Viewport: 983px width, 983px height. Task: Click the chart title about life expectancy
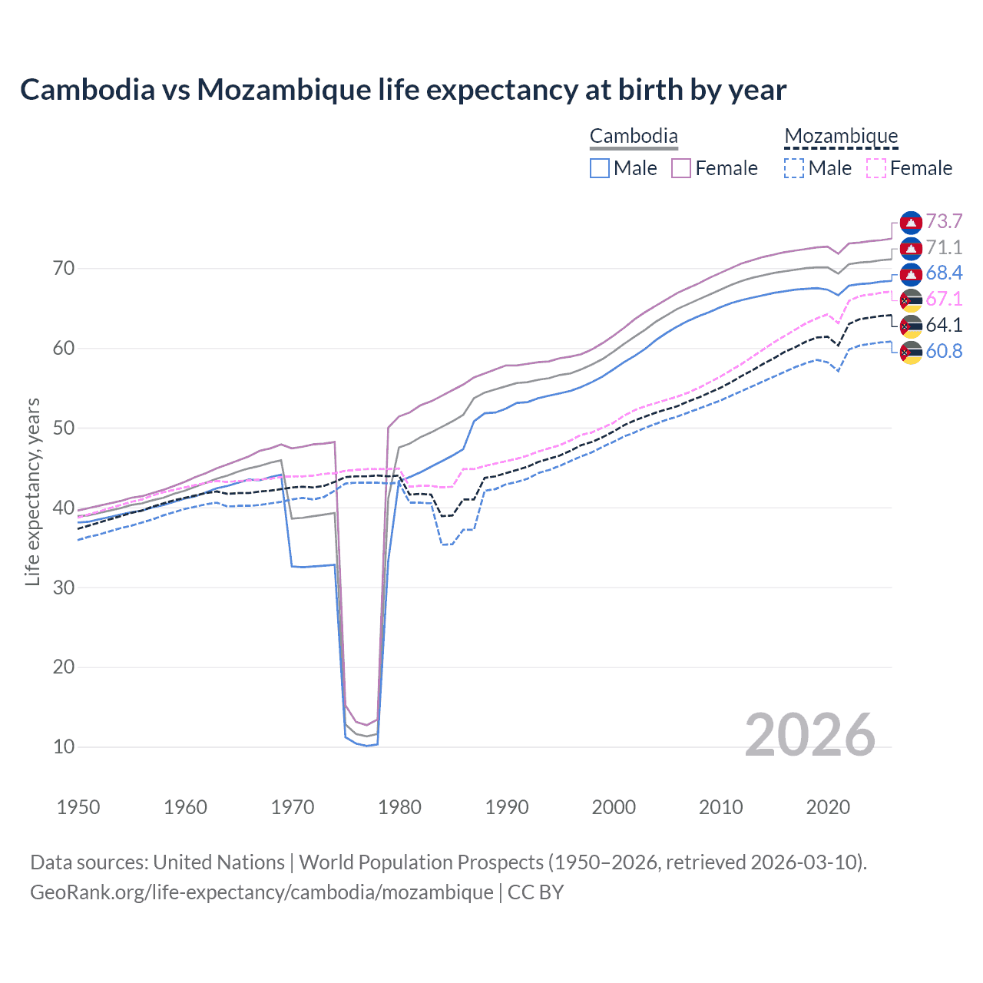pos(403,90)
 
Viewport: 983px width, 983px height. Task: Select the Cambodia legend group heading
pos(634,137)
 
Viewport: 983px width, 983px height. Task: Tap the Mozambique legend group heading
pos(841,137)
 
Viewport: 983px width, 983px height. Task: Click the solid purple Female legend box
pos(681,168)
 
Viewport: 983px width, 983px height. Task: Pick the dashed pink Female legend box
pos(876,168)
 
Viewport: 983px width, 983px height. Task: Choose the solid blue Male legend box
pos(600,168)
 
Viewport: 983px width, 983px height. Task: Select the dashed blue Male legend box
pos(795,168)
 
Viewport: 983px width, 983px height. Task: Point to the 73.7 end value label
pos(944,222)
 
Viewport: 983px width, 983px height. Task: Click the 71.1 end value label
pos(944,247)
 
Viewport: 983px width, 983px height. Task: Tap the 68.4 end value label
pos(944,273)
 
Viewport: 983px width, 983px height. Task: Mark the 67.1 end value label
pos(944,300)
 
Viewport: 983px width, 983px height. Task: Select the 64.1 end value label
pos(944,325)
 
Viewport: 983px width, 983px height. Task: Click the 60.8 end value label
pos(944,351)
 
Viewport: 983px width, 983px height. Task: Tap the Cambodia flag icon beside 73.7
pos(911,222)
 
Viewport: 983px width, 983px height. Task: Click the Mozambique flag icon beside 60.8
pos(911,352)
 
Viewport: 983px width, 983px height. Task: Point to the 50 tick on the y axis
pos(64,428)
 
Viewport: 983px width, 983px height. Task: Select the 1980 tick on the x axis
pos(399,807)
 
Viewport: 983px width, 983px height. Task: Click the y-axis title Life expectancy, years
pos(32,491)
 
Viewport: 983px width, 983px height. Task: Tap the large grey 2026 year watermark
pos(809,735)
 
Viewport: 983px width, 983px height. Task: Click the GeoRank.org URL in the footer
pos(261,892)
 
